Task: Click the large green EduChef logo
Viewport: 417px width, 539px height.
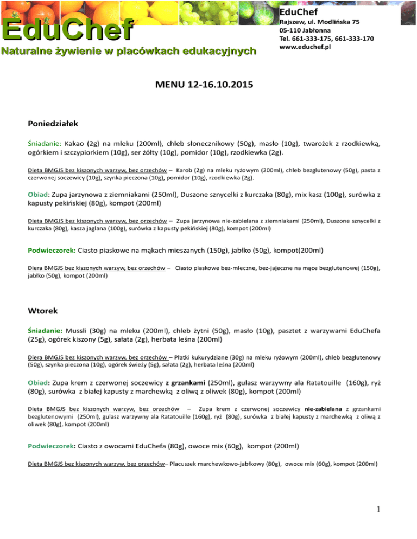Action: (x=68, y=29)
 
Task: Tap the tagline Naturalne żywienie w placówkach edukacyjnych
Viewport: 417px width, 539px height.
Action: (x=128, y=52)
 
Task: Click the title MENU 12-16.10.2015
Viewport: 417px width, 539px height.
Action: (x=208, y=86)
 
